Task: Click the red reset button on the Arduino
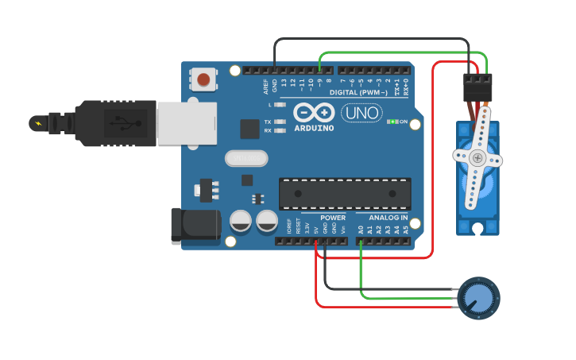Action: pyautogui.click(x=203, y=79)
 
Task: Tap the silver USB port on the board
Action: pyautogui.click(x=186, y=124)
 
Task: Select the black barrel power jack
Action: pyautogui.click(x=195, y=225)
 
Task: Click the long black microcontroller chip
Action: pyautogui.click(x=345, y=193)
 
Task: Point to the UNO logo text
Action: pyautogui.click(x=361, y=113)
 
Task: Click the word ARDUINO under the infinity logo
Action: pyautogui.click(x=314, y=127)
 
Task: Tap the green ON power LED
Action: pyautogui.click(x=392, y=122)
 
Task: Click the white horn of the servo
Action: pyautogui.click(x=477, y=159)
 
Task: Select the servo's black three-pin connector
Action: pyautogui.click(x=477, y=87)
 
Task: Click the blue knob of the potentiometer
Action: pyautogui.click(x=478, y=299)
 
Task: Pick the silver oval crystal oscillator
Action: pyautogui.click(x=246, y=158)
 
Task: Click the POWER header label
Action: pyautogui.click(x=333, y=217)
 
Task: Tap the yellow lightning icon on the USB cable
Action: pyautogui.click(x=37, y=123)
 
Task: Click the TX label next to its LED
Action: pyautogui.click(x=268, y=122)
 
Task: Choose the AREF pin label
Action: pyautogui.click(x=266, y=86)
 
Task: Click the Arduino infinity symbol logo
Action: pyautogui.click(x=314, y=112)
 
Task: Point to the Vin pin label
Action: pyautogui.click(x=343, y=228)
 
